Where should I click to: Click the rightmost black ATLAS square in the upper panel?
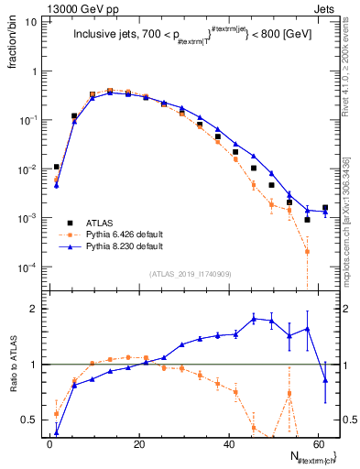tap(325, 208)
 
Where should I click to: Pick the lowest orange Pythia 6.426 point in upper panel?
tap(307, 251)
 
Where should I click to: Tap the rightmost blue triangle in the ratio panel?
tap(325, 380)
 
